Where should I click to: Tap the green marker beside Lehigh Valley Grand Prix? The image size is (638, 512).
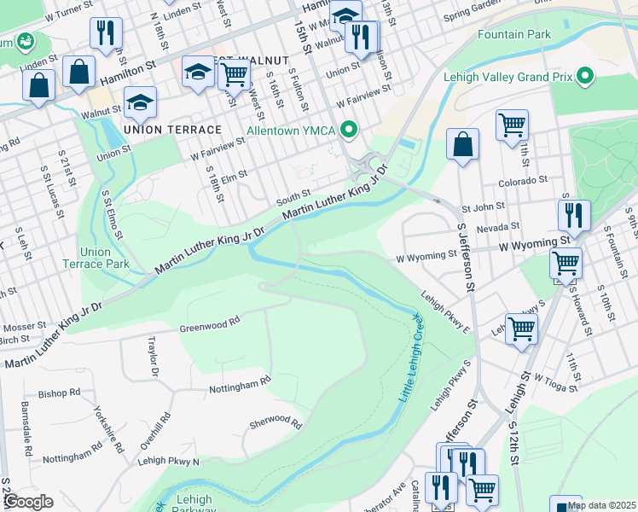(584, 77)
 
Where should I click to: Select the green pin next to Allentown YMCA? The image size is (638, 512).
(348, 131)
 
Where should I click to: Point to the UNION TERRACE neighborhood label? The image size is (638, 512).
(172, 129)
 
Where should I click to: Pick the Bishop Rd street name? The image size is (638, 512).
(58, 393)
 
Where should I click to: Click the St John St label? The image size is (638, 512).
(484, 207)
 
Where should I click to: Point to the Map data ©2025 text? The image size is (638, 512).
(600, 505)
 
